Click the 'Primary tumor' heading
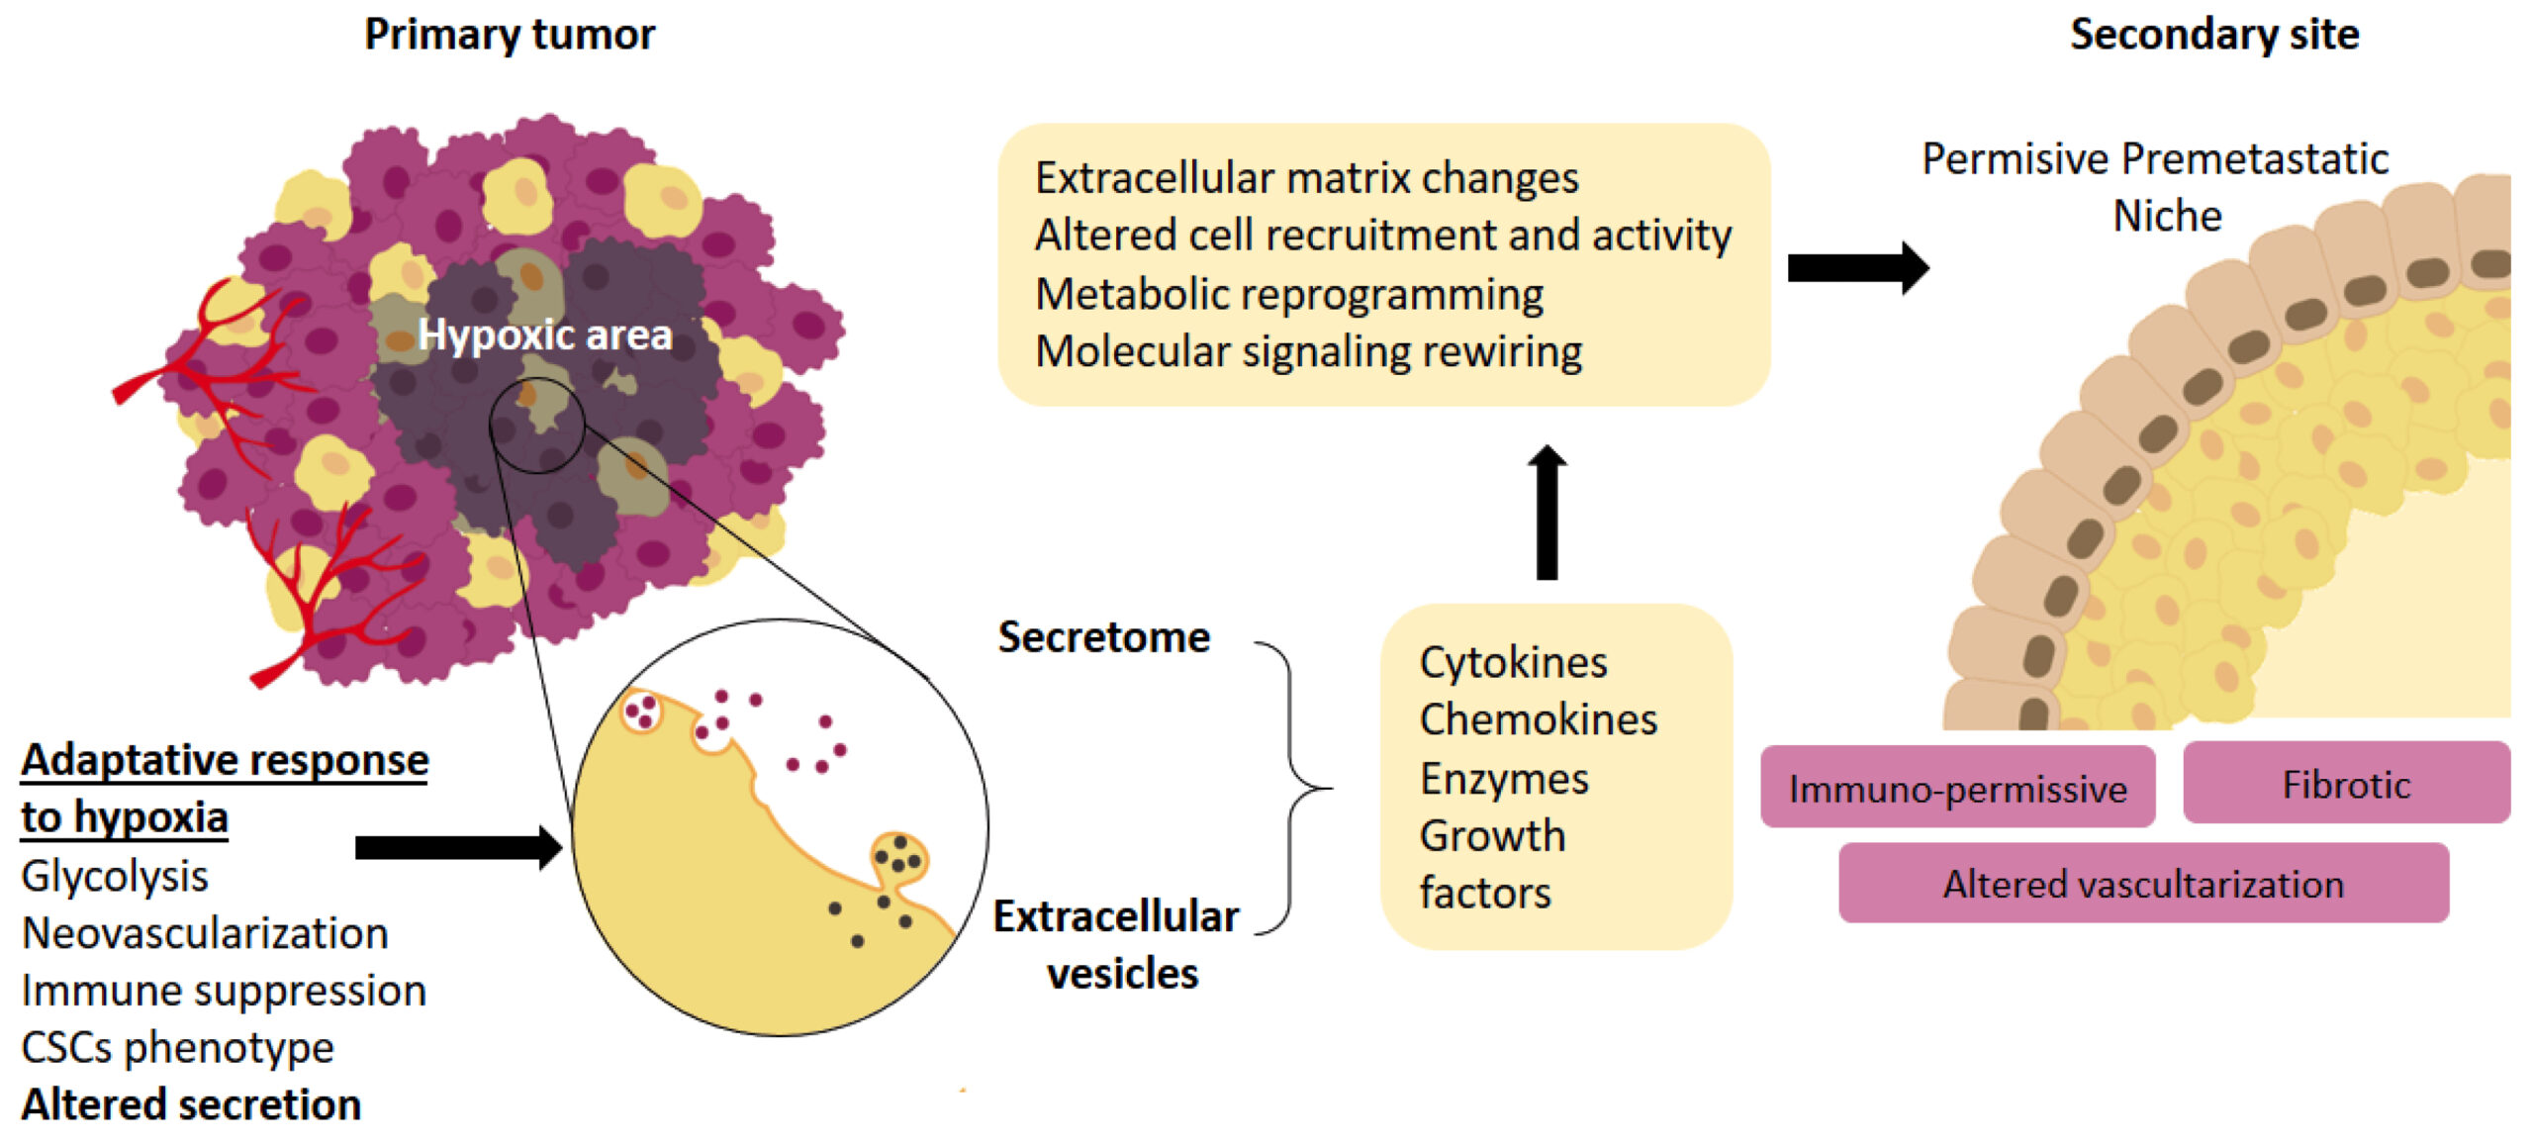(x=509, y=35)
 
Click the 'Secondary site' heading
(x=2214, y=35)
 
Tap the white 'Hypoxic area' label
(x=544, y=334)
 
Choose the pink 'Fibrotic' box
(x=2346, y=785)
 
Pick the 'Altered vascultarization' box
(x=2143, y=884)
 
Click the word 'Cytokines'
(x=1513, y=662)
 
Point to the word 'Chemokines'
(x=1538, y=719)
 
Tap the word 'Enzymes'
(x=1504, y=779)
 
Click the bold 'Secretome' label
(x=1103, y=637)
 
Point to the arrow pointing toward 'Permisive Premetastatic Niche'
(x=1857, y=267)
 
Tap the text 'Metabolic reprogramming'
(x=1288, y=294)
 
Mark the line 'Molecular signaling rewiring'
(x=1308, y=351)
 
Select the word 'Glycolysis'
(x=115, y=877)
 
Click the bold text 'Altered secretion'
(x=191, y=1104)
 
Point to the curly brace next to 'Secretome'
(x=1291, y=788)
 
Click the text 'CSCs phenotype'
(x=177, y=1047)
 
